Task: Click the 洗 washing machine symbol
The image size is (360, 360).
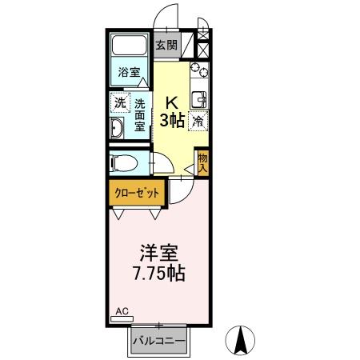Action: (x=119, y=102)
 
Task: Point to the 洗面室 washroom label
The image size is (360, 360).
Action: (x=139, y=114)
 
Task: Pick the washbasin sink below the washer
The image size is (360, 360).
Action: (x=118, y=131)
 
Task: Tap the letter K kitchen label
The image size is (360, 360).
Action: (x=171, y=102)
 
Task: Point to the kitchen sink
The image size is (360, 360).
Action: (x=199, y=100)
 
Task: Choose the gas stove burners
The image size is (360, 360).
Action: (x=199, y=74)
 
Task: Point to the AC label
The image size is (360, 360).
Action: (x=121, y=310)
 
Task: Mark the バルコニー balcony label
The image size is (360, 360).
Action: (x=160, y=342)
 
